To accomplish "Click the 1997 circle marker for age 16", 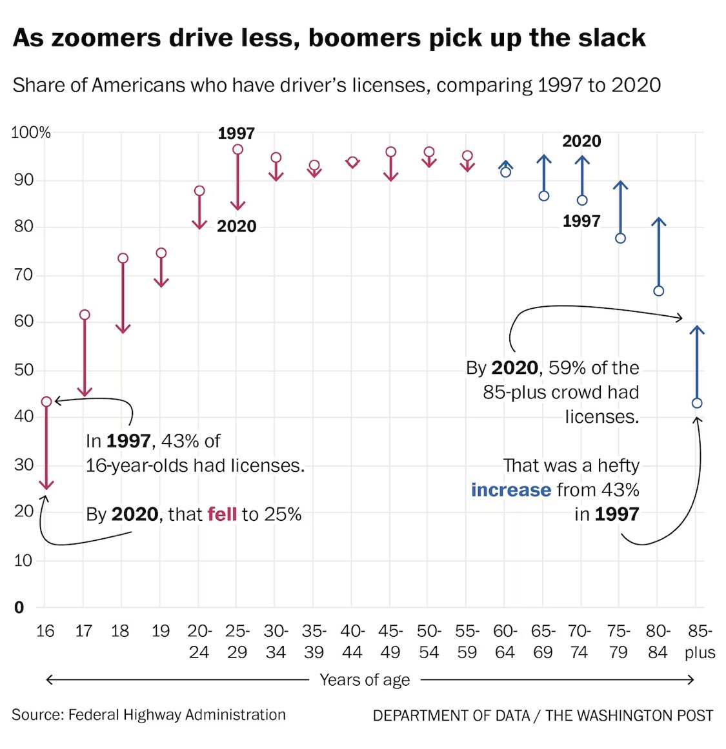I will click(46, 402).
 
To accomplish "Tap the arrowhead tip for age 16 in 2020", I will click(46, 487).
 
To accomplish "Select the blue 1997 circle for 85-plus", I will click(696, 403).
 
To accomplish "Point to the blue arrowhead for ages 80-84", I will click(658, 221).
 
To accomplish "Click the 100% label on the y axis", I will click(31, 133).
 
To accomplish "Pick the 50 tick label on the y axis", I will click(24, 369).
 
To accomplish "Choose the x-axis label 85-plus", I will click(700, 641).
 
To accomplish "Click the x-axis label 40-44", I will click(352, 641).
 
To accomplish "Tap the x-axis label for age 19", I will click(161, 632).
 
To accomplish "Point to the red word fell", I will click(222, 514).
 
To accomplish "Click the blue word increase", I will click(510, 490).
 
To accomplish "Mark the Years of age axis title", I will click(365, 680).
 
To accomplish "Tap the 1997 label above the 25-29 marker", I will click(236, 133).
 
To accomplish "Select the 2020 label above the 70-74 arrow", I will click(581, 141).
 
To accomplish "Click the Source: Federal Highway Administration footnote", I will click(148, 715).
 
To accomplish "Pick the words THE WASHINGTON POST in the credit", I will click(629, 715).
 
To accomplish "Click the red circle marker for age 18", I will click(123, 258).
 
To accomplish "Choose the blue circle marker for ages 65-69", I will click(544, 196).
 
